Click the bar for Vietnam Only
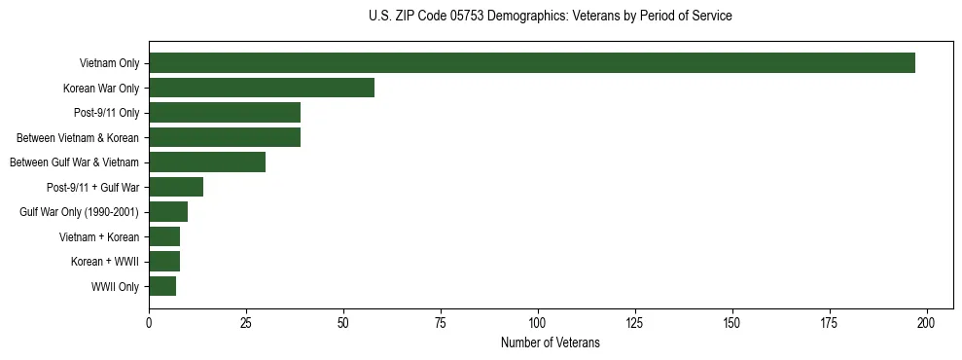[x=531, y=63]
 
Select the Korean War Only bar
[x=262, y=89]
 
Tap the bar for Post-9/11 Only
[x=225, y=113]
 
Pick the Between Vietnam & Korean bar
[x=225, y=138]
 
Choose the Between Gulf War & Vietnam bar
[x=207, y=162]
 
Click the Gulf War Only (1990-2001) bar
[x=168, y=212]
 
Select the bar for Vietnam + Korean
[x=164, y=236]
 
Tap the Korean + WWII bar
[x=164, y=262]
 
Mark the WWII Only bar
[x=162, y=286]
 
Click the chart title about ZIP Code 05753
[x=551, y=17]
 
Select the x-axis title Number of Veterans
[x=551, y=343]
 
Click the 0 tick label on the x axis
[x=149, y=322]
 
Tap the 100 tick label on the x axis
[x=538, y=322]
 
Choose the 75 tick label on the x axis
[x=441, y=322]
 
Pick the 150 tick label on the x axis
[x=732, y=322]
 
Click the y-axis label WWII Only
[x=115, y=287]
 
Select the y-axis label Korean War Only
[x=101, y=89]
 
